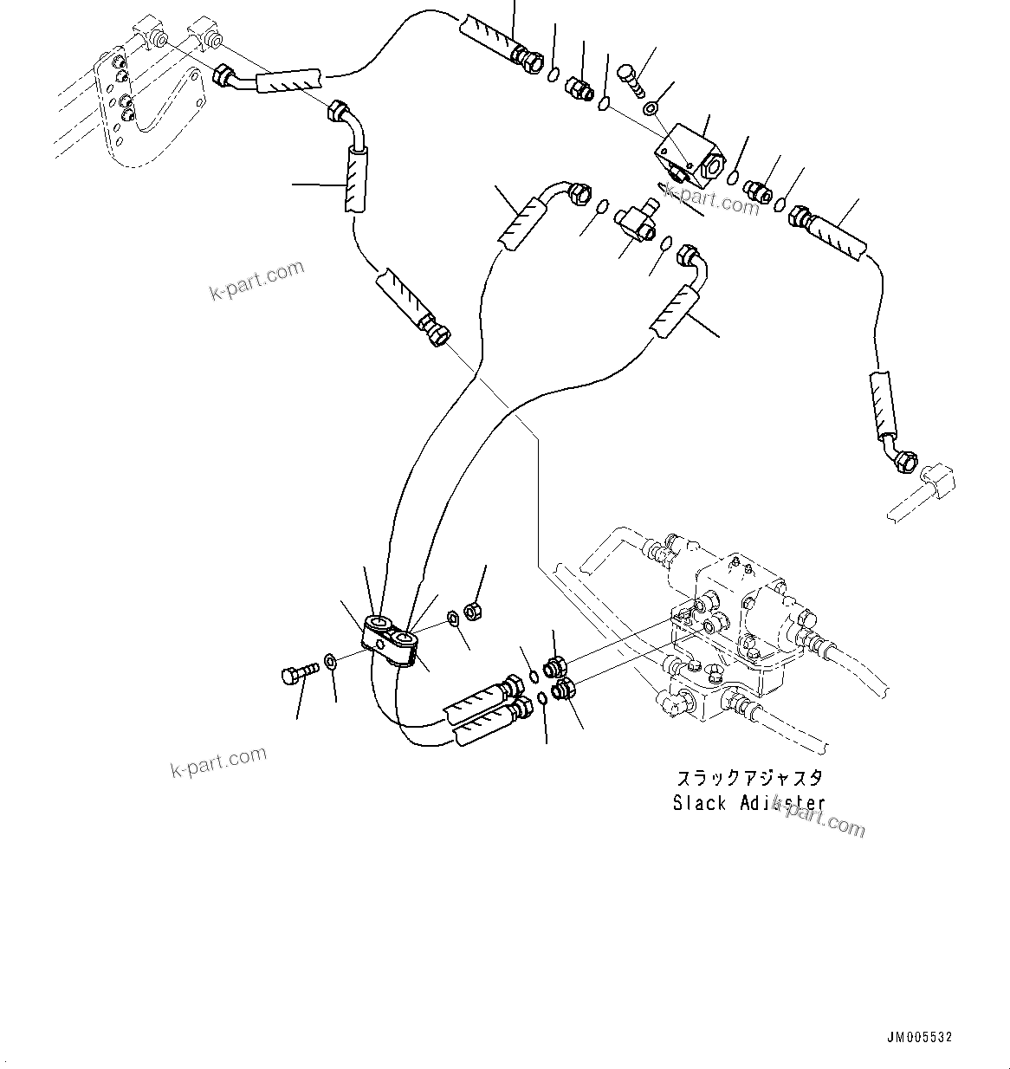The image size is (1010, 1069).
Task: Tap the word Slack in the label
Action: tap(699, 803)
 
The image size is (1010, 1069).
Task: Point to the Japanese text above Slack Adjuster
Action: tap(749, 777)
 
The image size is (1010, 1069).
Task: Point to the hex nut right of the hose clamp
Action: tap(474, 612)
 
